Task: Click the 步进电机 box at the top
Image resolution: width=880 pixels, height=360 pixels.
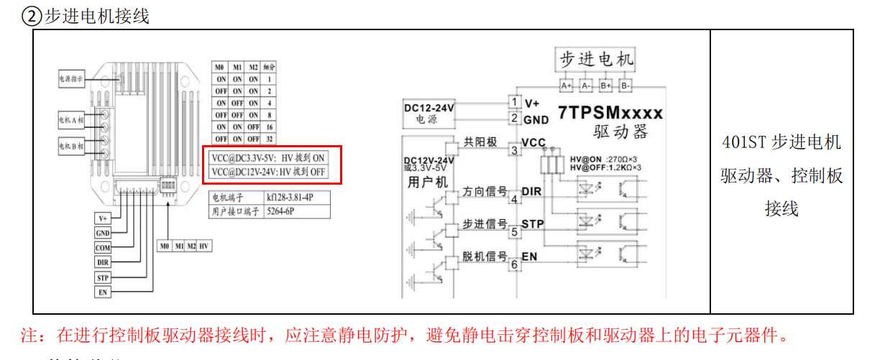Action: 595,60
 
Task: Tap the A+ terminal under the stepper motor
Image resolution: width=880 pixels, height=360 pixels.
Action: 567,86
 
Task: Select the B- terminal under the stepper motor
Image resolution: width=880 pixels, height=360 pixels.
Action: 625,86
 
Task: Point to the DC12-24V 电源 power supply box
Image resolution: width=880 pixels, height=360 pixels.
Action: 429,114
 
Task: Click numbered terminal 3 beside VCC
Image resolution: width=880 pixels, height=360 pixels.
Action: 514,150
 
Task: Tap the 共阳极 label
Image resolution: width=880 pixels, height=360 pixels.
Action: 481,143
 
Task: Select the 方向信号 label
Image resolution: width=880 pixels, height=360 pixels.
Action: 484,191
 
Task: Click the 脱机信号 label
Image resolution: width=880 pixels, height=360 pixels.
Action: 484,257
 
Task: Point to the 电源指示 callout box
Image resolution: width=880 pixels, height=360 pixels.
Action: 73,80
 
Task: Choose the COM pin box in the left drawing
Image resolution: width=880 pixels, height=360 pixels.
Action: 103,248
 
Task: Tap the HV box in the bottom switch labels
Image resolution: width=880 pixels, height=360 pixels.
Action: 206,246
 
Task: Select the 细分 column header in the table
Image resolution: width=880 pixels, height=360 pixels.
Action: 269,67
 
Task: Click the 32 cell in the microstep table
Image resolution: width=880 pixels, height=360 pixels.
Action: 269,139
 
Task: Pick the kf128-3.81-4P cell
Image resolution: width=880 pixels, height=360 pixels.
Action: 297,197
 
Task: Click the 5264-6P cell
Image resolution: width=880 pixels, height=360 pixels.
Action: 297,211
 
